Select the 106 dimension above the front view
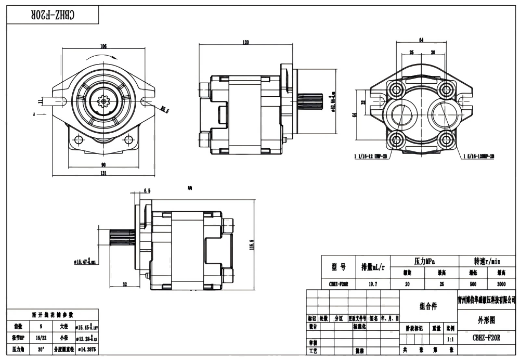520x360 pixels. point(103,46)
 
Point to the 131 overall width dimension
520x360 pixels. point(103,173)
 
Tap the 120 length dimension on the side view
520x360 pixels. point(245,42)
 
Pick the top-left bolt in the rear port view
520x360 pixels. point(398,89)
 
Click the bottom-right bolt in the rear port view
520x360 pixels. point(445,139)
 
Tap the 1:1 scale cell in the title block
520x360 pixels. point(450,338)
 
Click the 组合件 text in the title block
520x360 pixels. point(428,306)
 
